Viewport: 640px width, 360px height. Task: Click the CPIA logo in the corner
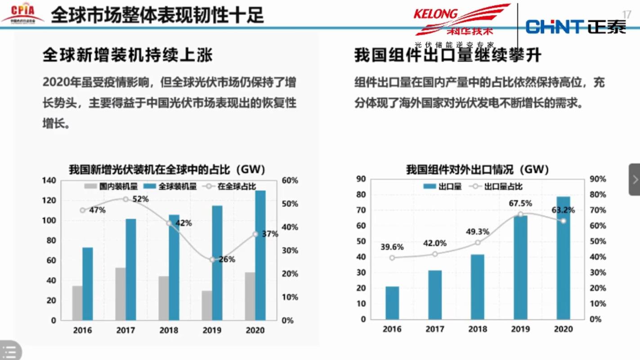click(x=22, y=13)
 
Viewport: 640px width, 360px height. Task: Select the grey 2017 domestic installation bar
click(x=120, y=293)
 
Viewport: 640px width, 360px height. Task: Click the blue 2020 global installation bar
click(x=260, y=255)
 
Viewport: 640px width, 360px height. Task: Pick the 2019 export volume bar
click(x=520, y=267)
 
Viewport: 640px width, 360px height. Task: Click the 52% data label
click(x=140, y=199)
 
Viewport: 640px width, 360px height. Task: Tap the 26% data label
click(x=227, y=259)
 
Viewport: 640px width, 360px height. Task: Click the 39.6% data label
click(x=392, y=247)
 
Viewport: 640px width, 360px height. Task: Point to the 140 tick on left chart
click(x=49, y=181)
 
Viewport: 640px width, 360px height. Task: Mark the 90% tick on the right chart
click(x=598, y=179)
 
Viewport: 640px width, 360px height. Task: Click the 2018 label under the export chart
click(x=477, y=329)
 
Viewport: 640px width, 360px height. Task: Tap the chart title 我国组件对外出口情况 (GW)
click(x=477, y=169)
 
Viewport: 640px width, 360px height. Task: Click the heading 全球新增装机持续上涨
click(x=127, y=55)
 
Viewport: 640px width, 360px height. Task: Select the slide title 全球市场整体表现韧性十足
click(x=157, y=15)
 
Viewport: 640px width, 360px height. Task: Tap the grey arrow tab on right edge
click(x=635, y=179)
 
